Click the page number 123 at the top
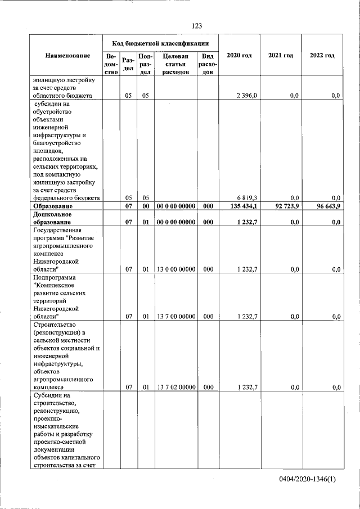pos(196,26)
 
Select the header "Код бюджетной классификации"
pos(160,43)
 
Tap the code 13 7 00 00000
pos(175,317)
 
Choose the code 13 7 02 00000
pos(175,388)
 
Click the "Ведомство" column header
pos(111,64)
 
